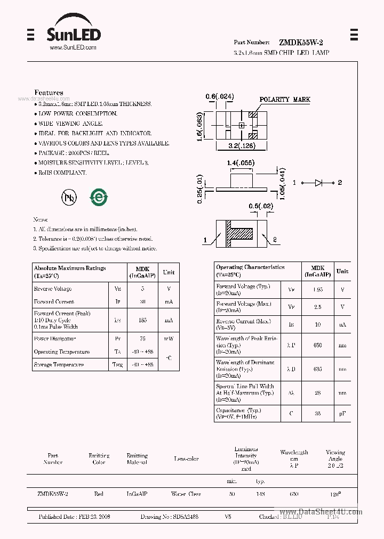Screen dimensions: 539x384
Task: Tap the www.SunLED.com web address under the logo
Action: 73,48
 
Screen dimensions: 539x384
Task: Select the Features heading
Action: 49,93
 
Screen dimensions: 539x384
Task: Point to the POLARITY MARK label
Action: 284,100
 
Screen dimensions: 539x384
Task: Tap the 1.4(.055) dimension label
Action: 241,163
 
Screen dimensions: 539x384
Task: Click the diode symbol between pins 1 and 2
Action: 318,183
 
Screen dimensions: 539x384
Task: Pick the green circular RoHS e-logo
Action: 99,197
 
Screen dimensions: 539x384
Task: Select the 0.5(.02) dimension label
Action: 261,206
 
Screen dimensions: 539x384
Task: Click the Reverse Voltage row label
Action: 53,289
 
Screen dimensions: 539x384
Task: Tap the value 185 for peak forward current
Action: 142,321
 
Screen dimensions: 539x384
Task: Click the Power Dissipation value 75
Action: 142,339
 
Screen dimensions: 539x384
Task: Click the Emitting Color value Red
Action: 99,494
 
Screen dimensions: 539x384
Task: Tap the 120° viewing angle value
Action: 335,494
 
